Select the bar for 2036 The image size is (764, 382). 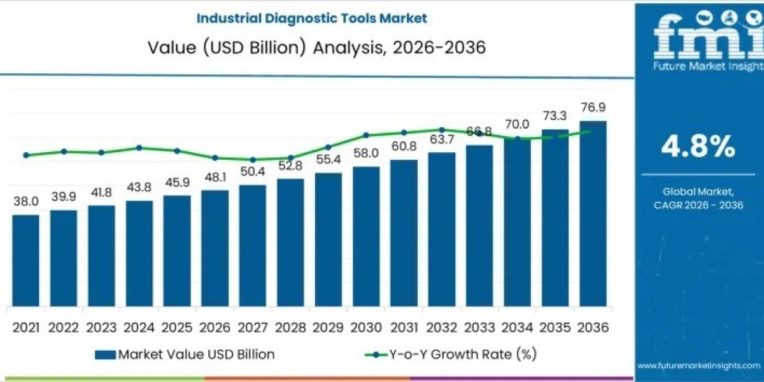coord(593,213)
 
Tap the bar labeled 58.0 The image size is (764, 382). coord(366,236)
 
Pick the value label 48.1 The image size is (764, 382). coord(215,178)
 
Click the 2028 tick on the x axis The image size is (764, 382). coord(290,328)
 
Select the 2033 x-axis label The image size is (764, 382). coord(479,328)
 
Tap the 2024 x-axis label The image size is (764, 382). coord(139,328)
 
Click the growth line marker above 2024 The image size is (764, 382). coord(139,148)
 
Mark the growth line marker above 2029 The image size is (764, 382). coord(329,147)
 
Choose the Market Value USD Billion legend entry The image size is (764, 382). coord(185,355)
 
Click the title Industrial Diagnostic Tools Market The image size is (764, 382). coord(312,18)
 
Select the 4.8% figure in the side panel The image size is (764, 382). coord(698,148)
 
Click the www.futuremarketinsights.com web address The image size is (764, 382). coord(698,365)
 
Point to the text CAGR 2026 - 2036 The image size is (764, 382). coord(698,204)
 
